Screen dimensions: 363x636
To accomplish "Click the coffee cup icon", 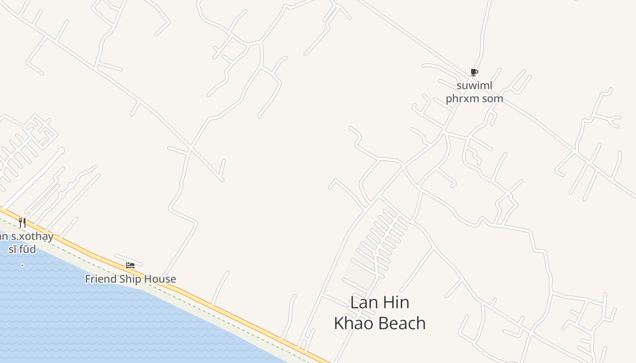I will pyautogui.click(x=474, y=73).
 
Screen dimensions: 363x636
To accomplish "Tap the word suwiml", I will pyautogui.click(x=474, y=86).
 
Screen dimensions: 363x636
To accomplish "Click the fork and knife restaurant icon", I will pyautogui.click(x=22, y=223).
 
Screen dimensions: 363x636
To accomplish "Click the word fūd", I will pyautogui.click(x=27, y=249).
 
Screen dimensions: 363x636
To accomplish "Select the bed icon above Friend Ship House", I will pyautogui.click(x=130, y=265).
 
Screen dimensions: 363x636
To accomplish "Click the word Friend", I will pyautogui.click(x=101, y=279).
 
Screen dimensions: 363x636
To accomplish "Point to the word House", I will pyautogui.click(x=160, y=279).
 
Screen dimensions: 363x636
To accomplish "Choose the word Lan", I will pyautogui.click(x=364, y=303).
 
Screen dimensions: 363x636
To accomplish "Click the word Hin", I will pyautogui.click(x=396, y=303).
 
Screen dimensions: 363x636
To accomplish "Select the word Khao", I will pyautogui.click(x=353, y=324).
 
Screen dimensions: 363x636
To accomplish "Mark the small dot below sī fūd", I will pyautogui.click(x=22, y=265).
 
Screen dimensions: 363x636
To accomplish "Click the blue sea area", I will pyautogui.click(x=91, y=318).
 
